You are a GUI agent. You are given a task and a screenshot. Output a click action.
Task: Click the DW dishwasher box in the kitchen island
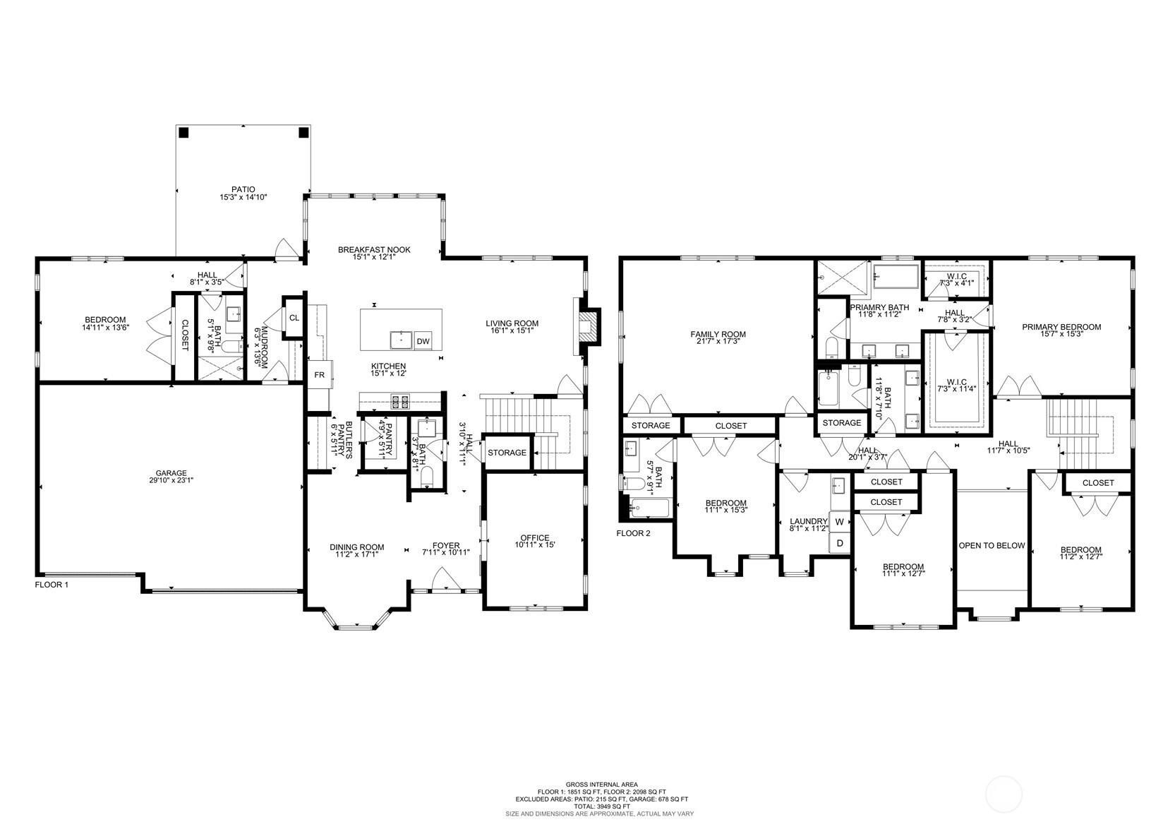pyautogui.click(x=423, y=341)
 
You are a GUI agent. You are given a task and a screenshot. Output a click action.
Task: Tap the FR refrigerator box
pyautogui.click(x=319, y=374)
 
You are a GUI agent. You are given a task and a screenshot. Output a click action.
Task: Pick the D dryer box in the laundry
pyautogui.click(x=840, y=544)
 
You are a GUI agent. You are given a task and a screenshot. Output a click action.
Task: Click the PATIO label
pyautogui.click(x=243, y=189)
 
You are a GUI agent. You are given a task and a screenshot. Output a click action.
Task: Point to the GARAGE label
pyautogui.click(x=171, y=473)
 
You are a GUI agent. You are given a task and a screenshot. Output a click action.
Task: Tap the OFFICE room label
pyautogui.click(x=535, y=538)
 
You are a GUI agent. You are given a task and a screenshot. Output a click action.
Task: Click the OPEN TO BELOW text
pyautogui.click(x=992, y=546)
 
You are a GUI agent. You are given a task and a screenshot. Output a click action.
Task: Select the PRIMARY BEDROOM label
pyautogui.click(x=1061, y=327)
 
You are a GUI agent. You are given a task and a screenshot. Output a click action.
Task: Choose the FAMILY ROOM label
pyautogui.click(x=718, y=334)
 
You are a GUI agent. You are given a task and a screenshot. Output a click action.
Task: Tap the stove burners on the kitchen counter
pyautogui.click(x=399, y=401)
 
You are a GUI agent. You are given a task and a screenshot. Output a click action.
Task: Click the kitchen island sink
pyautogui.click(x=401, y=340)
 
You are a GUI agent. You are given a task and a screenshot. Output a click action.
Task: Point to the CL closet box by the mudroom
pyautogui.click(x=294, y=318)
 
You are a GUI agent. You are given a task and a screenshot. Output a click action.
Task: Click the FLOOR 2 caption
pyautogui.click(x=633, y=533)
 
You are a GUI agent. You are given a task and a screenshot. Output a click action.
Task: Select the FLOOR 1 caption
pyautogui.click(x=52, y=585)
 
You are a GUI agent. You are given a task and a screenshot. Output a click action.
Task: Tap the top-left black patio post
pyautogui.click(x=183, y=133)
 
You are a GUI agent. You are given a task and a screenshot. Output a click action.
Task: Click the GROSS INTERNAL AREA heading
pyautogui.click(x=602, y=785)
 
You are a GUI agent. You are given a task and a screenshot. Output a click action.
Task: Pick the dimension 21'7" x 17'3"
pyautogui.click(x=718, y=341)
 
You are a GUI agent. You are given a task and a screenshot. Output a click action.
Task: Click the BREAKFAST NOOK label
pyautogui.click(x=374, y=249)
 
